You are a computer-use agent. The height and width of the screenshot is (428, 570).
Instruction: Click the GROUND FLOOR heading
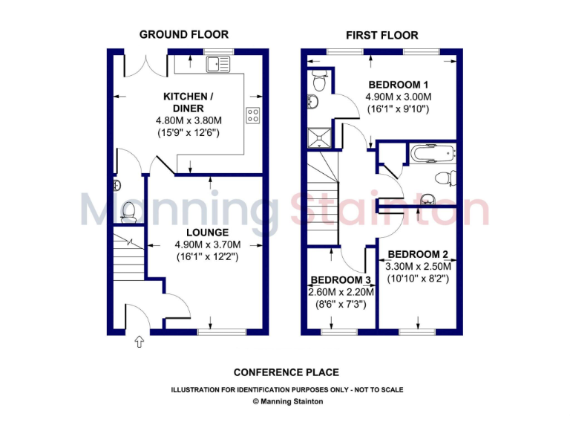(x=183, y=34)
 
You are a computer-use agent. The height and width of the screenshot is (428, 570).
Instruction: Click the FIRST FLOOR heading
(x=381, y=35)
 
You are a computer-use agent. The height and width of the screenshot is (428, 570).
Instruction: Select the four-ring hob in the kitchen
(x=252, y=115)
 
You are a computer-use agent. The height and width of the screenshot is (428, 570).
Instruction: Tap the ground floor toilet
(x=128, y=211)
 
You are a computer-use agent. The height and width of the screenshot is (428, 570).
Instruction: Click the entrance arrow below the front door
(x=138, y=343)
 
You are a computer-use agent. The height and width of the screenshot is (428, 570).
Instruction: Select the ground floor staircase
(x=128, y=253)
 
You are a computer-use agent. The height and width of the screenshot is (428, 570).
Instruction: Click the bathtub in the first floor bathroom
(x=428, y=154)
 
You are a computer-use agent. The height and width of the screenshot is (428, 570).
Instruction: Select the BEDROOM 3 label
(x=341, y=279)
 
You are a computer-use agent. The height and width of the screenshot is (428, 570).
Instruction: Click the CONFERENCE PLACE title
(x=286, y=372)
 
